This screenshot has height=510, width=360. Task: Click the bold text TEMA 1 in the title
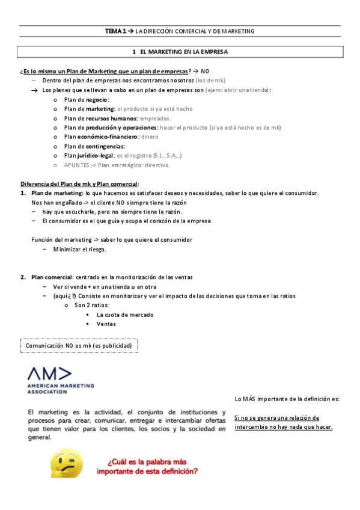[116, 31]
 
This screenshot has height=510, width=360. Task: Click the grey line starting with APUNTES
[117, 165]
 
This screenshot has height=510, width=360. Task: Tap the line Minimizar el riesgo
[79, 249]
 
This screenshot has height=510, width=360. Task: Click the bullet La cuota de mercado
[124, 315]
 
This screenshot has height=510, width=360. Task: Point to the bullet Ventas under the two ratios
[106, 324]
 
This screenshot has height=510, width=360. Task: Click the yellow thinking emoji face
[67, 464]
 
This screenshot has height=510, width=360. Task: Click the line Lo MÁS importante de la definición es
[287, 399]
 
